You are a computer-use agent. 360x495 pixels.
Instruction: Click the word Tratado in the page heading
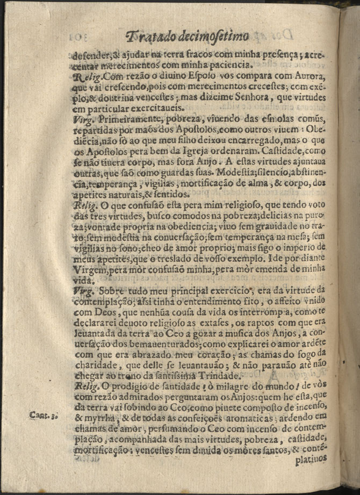pos(149,37)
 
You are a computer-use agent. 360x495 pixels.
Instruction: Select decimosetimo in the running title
pos(213,37)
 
